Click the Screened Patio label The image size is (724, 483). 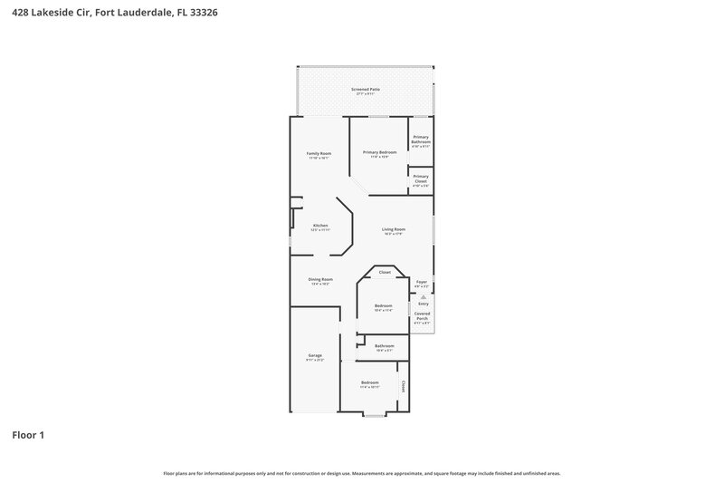click(x=366, y=91)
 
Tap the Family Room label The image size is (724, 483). click(x=319, y=155)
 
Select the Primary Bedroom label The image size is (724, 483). click(x=379, y=153)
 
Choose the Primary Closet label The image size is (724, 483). click(x=421, y=179)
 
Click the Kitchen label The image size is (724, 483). click(x=320, y=227)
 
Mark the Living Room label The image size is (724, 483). click(x=393, y=231)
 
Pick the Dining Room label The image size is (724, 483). click(x=320, y=281)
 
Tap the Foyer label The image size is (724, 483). click(x=422, y=283)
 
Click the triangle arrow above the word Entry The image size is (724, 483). click(x=422, y=296)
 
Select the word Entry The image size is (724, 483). click(x=422, y=304)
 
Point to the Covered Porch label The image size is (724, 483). click(x=422, y=317)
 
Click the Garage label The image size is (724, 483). click(x=315, y=357)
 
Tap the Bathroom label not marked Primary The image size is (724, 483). click(x=385, y=347)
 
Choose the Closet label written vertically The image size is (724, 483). click(x=404, y=386)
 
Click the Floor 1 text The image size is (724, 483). click(x=28, y=435)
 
